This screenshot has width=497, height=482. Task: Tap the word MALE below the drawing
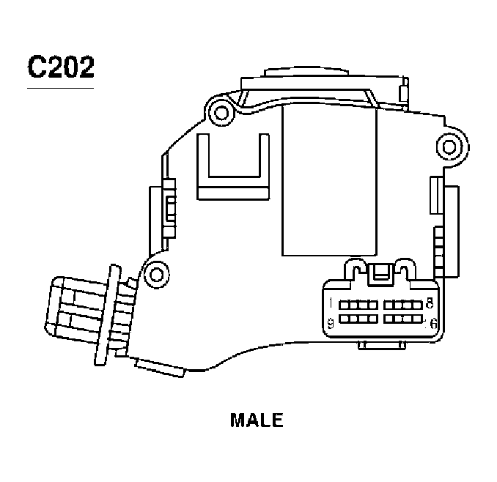point(257,420)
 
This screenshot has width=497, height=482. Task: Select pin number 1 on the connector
point(332,303)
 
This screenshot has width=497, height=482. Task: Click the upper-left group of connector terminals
point(360,304)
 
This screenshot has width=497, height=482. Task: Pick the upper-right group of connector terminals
point(401,304)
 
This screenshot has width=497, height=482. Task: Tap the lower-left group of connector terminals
point(360,319)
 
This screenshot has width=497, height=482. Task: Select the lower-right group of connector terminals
point(401,319)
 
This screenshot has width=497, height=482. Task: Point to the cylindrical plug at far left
point(73,313)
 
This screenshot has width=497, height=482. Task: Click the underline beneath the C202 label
point(60,89)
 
